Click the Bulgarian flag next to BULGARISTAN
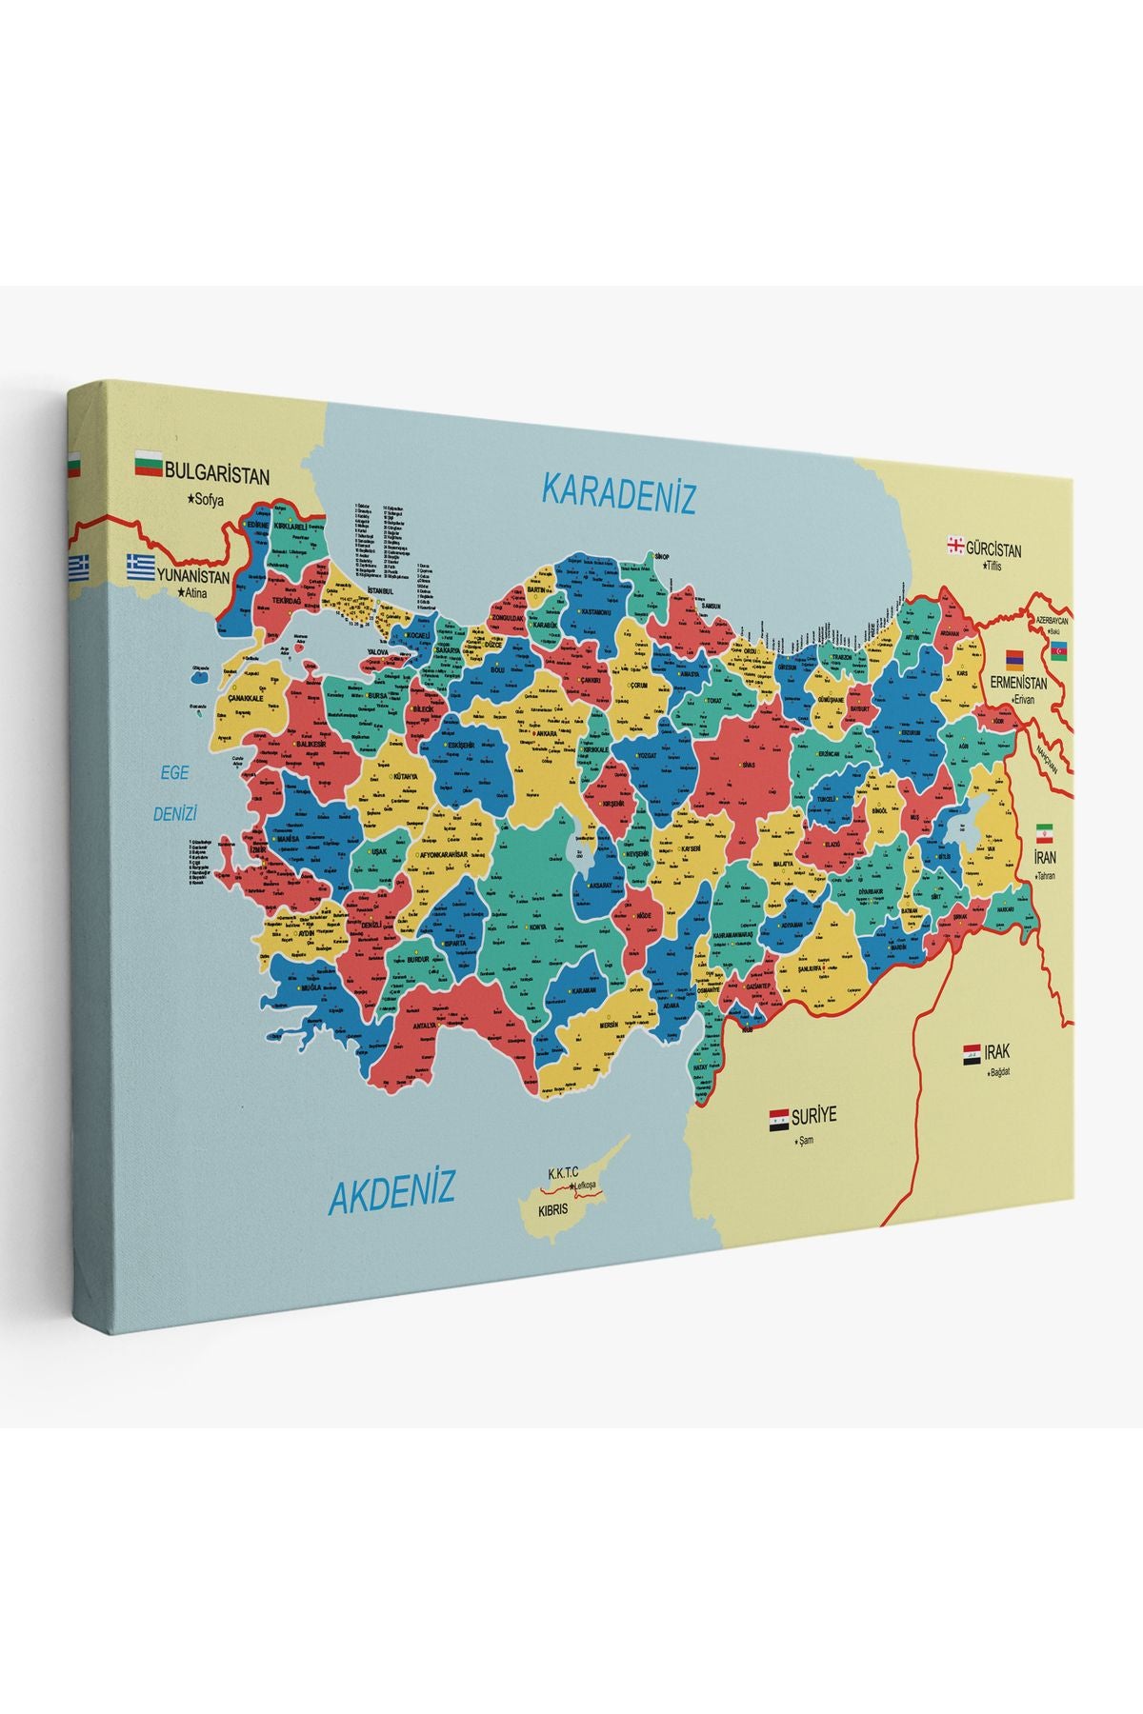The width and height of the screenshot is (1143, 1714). (x=148, y=465)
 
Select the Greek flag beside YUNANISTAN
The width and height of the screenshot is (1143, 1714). (x=143, y=567)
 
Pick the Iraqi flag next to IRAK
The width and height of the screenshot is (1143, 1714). (x=972, y=1053)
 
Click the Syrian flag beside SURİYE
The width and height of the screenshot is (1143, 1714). (x=779, y=1119)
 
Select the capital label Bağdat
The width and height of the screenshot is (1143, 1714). (x=998, y=1072)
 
